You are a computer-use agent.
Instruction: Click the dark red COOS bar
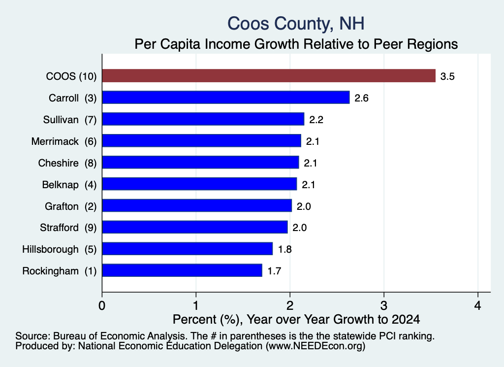tap(269, 76)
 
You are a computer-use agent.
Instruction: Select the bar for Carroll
tap(225, 98)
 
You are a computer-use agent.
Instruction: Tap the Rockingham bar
tap(182, 270)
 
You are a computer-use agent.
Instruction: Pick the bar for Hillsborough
tap(188, 249)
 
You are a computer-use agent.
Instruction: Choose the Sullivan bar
tap(203, 119)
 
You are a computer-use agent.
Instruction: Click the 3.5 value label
tap(447, 76)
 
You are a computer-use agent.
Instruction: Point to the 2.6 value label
tap(361, 98)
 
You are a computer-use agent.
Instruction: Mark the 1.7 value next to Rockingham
tap(274, 271)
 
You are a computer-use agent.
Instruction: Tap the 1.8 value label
tap(285, 249)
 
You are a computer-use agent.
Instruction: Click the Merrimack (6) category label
tap(64, 141)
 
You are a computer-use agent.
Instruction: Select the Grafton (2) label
tap(71, 206)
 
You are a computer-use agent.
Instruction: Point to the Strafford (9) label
tap(68, 228)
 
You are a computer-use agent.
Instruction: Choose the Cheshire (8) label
tap(67, 163)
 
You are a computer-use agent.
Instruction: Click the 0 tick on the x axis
tap(102, 305)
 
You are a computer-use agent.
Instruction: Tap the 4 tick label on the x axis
tap(477, 305)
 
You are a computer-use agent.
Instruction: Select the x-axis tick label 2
tap(290, 305)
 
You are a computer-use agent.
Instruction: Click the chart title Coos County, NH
tap(296, 24)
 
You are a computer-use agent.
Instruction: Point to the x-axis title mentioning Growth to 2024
tap(296, 319)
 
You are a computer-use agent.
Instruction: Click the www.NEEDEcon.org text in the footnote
tap(315, 346)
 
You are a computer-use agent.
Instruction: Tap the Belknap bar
tap(199, 184)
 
